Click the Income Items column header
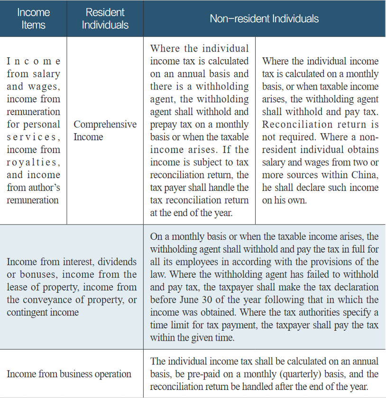33,18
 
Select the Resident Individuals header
105,18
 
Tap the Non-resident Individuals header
264,18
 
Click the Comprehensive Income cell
105,131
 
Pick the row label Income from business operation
69,374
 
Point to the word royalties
33,162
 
